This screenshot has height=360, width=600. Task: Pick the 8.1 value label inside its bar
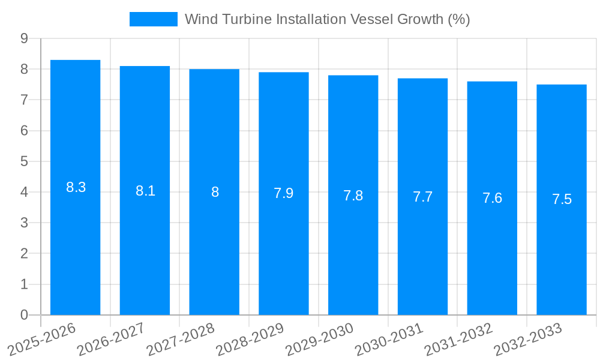tap(145, 191)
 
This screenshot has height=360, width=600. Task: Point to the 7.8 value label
tap(353, 196)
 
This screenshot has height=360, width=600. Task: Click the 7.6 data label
tap(492, 199)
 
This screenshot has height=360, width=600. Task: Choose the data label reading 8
tap(215, 193)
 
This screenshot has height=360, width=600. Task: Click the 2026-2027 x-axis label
tap(112, 339)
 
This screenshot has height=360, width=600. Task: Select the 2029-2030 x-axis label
tap(320, 339)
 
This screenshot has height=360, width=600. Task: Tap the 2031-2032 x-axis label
tap(459, 339)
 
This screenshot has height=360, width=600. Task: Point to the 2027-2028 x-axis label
tap(181, 339)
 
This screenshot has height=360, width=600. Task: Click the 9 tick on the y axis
tap(24, 38)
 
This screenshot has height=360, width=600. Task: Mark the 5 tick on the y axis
tap(24, 161)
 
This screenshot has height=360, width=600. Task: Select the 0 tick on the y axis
tap(24, 315)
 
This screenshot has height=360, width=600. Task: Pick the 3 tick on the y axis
tap(24, 223)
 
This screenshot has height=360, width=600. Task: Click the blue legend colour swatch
tap(154, 19)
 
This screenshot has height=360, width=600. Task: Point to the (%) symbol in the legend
tap(458, 19)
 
